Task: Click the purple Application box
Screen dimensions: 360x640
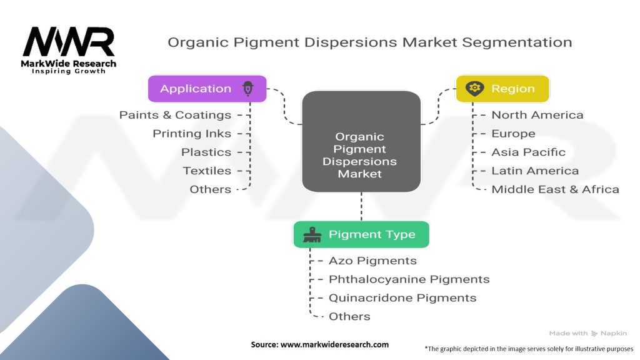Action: (207, 89)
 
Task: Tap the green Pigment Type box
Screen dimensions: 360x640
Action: (361, 234)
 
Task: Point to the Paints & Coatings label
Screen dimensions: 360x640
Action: (175, 115)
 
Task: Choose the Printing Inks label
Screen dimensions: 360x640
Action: (192, 134)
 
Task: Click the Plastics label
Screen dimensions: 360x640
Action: (206, 152)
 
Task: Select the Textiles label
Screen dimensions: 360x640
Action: (207, 171)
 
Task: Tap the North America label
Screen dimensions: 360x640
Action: (537, 115)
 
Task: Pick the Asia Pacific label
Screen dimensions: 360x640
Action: (528, 152)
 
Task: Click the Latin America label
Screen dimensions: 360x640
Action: (535, 171)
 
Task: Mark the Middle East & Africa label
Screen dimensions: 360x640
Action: (555, 189)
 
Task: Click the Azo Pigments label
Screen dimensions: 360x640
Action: (372, 261)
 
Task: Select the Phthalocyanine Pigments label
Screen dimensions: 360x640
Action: (409, 279)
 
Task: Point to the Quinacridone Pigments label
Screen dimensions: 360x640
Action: (402, 298)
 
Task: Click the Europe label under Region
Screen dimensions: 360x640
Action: (513, 134)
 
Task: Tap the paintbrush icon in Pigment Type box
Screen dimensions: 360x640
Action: (311, 234)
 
